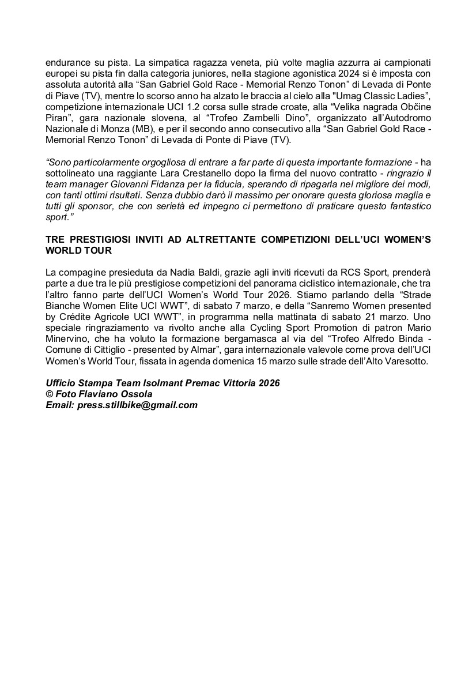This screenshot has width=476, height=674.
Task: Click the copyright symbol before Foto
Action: pos(50,394)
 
